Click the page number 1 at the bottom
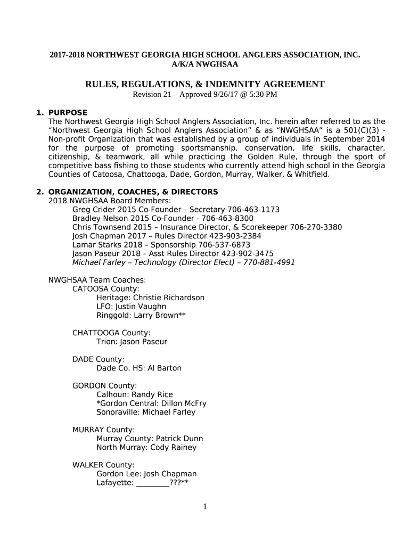[204, 507]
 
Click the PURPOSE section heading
[68, 112]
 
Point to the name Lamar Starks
[94, 245]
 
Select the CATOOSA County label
[105, 288]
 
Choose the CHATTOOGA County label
[111, 333]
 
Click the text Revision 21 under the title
[153, 95]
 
